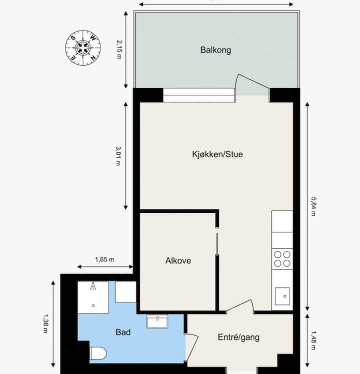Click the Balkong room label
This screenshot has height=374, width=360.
(x=215, y=50)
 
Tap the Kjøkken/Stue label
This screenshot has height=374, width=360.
(x=217, y=154)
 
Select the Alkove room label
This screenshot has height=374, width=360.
(x=178, y=261)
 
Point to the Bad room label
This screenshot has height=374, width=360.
(x=123, y=332)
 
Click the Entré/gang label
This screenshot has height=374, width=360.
(x=238, y=337)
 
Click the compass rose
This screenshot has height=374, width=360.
(x=83, y=48)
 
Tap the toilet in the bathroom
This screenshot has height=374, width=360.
(x=98, y=353)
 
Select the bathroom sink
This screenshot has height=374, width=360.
(x=157, y=321)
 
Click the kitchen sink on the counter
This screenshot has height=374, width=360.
(x=282, y=296)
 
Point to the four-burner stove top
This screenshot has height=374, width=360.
(x=282, y=259)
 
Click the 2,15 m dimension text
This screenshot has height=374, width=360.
(x=119, y=50)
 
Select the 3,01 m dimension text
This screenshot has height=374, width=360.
(x=118, y=156)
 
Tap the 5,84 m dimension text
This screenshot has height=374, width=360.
(x=313, y=206)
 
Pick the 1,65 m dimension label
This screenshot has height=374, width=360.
(x=105, y=259)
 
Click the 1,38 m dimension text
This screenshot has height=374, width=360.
(x=45, y=323)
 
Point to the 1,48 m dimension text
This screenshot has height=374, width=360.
(x=313, y=340)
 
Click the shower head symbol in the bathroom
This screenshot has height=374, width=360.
(x=93, y=286)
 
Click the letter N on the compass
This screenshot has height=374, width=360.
(x=93, y=58)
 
